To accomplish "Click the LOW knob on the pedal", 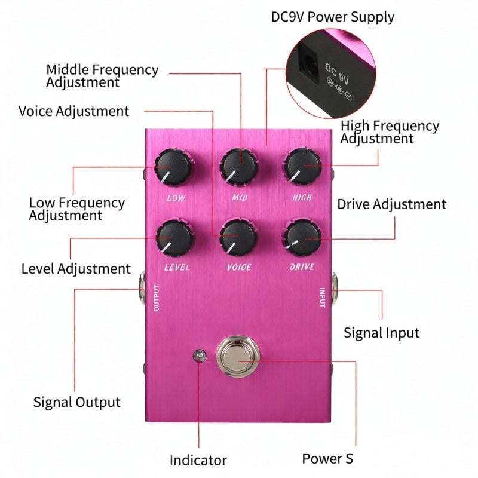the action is (173, 167).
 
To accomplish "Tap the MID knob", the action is (239, 167).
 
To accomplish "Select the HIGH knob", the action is (302, 167).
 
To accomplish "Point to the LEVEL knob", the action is (174, 237).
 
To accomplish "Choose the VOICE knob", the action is (238, 237).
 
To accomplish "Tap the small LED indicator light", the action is (200, 356).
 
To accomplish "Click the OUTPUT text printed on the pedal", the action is (157, 298).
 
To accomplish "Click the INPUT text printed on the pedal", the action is (323, 298).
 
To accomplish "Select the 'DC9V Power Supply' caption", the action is (333, 17).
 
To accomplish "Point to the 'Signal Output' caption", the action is (77, 402).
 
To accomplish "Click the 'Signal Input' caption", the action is (381, 333).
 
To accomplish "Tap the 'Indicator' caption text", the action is (198, 460).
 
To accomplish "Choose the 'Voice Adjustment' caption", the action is (73, 111).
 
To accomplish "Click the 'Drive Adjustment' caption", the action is (392, 204).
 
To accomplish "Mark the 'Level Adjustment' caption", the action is (76, 269).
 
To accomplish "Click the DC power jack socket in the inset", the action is (310, 63).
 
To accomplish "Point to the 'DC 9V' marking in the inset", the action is (337, 73).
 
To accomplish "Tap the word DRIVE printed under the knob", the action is (302, 267).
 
